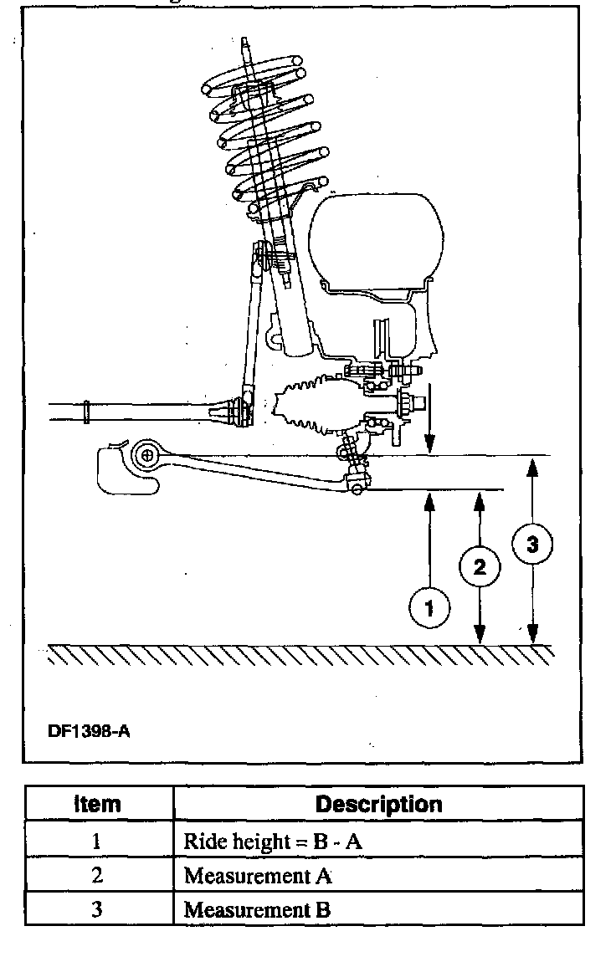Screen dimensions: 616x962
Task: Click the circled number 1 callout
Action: (x=429, y=608)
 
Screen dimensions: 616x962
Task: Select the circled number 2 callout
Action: (x=480, y=567)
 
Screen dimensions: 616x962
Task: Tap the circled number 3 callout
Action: (x=533, y=545)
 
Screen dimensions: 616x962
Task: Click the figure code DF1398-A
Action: (x=89, y=730)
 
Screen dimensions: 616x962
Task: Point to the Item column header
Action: (x=98, y=805)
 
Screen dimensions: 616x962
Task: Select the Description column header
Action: (x=378, y=805)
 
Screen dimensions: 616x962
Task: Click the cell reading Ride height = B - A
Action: (x=273, y=842)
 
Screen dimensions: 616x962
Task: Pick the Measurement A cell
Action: (x=258, y=876)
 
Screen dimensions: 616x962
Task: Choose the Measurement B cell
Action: (x=257, y=909)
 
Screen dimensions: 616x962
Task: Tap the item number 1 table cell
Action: (x=97, y=842)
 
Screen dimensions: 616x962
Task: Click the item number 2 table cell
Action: (x=97, y=876)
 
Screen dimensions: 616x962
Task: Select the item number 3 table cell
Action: (x=97, y=909)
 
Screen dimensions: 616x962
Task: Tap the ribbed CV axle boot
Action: (x=310, y=407)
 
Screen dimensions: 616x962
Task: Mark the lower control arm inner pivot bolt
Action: (x=147, y=456)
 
